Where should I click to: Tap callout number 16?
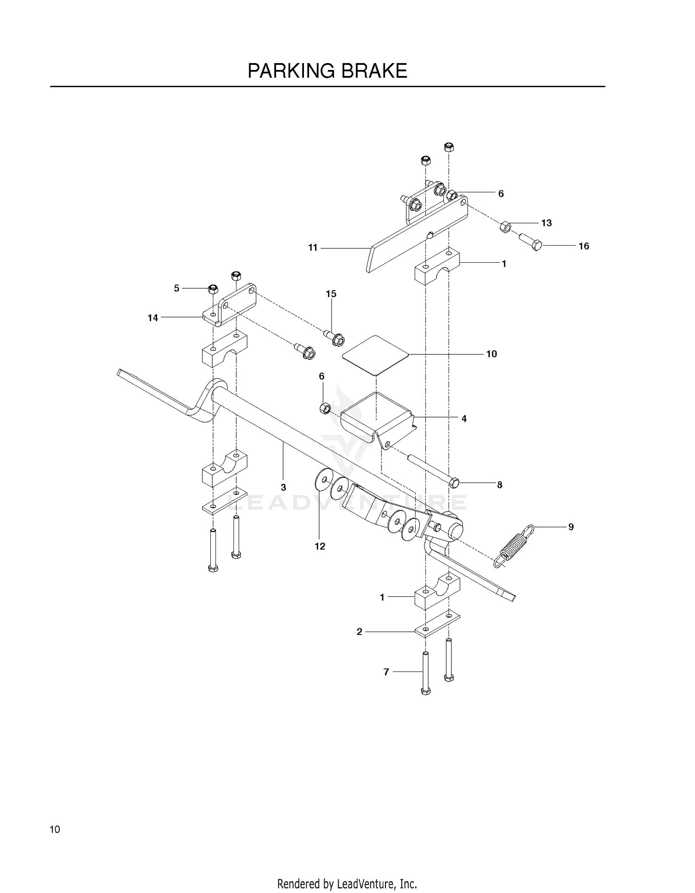pyautogui.click(x=583, y=246)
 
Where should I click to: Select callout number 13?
pyautogui.click(x=546, y=223)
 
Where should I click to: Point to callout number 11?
pyautogui.click(x=313, y=248)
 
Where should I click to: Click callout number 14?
pyautogui.click(x=153, y=318)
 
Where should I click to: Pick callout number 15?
pyautogui.click(x=331, y=294)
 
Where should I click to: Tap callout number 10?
pyautogui.click(x=491, y=354)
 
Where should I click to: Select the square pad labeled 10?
pyautogui.click(x=375, y=355)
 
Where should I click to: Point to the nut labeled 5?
pyautogui.click(x=213, y=289)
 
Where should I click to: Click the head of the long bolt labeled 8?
pyautogui.click(x=454, y=483)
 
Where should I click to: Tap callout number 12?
pyautogui.click(x=320, y=546)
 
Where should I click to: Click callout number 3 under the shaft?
pyautogui.click(x=283, y=488)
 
